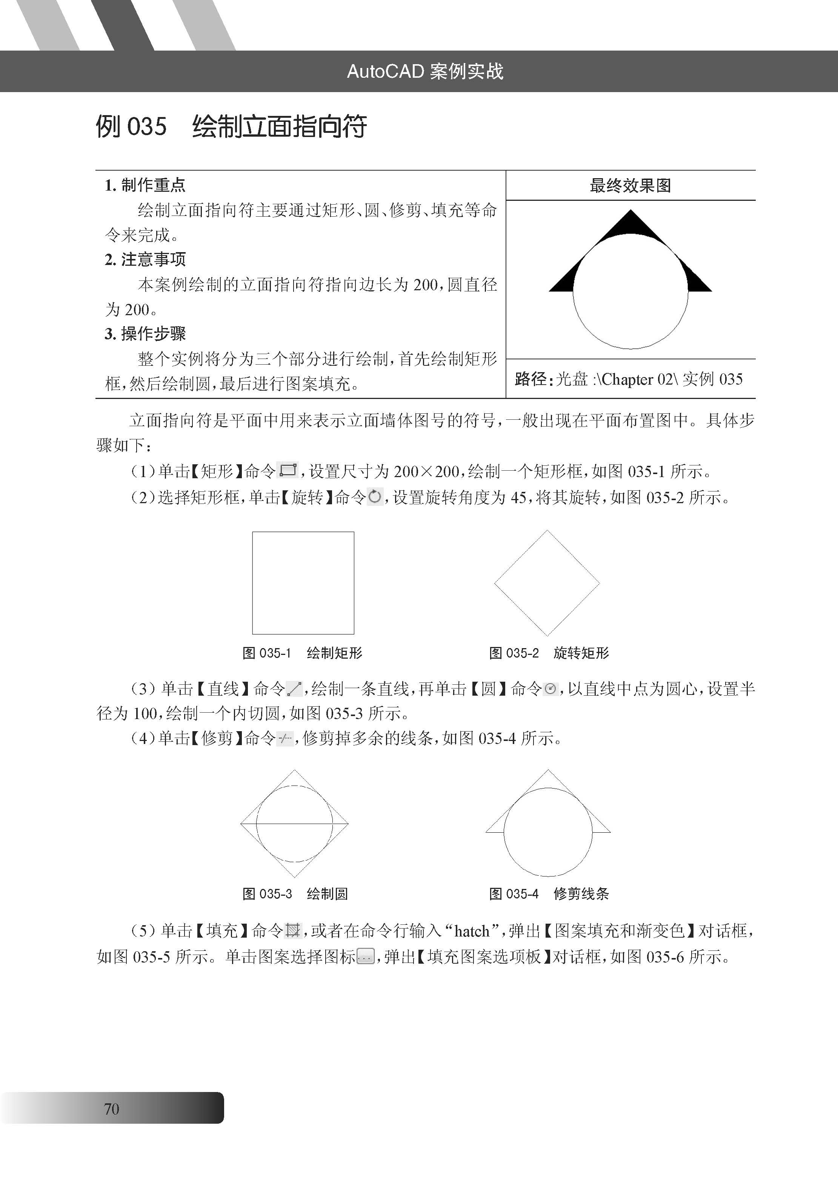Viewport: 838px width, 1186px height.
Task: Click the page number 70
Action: point(112,1109)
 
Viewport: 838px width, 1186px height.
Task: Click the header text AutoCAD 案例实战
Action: point(425,71)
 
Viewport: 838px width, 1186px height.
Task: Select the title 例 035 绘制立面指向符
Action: point(231,126)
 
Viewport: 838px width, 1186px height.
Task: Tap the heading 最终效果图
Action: point(630,185)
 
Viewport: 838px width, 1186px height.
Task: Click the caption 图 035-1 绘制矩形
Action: point(303,653)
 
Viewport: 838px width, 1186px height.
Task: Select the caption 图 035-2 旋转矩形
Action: point(549,653)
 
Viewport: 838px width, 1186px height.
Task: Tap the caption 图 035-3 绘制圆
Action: point(295,893)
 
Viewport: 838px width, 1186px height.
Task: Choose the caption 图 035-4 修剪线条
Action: point(549,893)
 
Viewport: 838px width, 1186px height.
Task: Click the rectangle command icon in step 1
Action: point(288,470)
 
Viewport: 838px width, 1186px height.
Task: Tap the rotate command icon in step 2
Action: point(375,497)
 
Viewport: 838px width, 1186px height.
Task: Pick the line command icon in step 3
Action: point(294,688)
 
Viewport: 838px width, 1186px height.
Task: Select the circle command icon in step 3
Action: point(550,688)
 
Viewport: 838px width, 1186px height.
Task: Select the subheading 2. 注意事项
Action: point(145,259)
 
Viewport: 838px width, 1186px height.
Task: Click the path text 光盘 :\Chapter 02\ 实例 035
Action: point(649,379)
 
